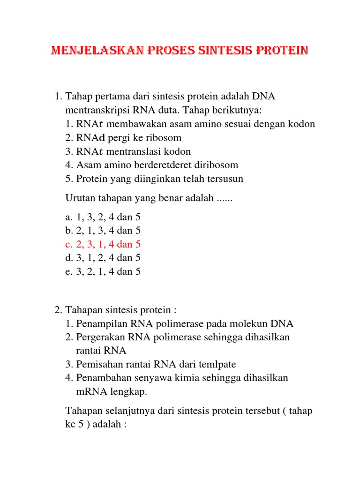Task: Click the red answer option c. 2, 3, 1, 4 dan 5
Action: (x=103, y=244)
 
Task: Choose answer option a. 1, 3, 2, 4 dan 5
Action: (x=103, y=217)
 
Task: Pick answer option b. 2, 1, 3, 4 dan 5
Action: (x=103, y=231)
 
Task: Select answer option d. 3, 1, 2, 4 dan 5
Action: (x=103, y=258)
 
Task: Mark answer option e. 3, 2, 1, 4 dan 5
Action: (x=103, y=271)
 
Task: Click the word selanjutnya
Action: (x=128, y=411)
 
